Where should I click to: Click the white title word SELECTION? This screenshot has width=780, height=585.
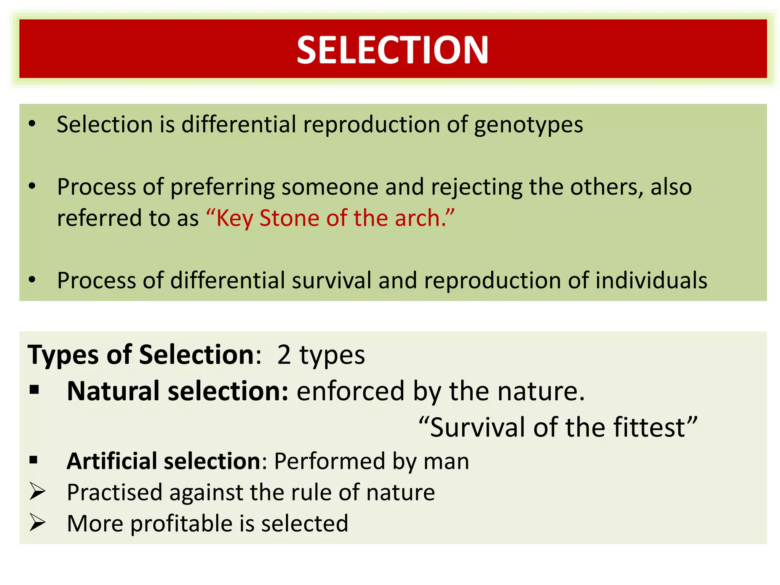(x=392, y=50)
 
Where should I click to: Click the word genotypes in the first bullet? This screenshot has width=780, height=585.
(x=528, y=125)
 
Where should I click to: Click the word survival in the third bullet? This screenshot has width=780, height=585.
(x=331, y=281)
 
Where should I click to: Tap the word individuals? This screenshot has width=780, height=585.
(x=651, y=281)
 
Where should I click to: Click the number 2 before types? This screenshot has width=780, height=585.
(x=284, y=355)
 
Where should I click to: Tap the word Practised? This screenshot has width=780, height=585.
(x=115, y=492)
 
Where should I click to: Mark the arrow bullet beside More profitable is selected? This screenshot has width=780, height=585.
(x=37, y=523)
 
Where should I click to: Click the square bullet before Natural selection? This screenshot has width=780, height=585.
(x=34, y=390)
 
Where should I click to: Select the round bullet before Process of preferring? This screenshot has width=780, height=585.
(x=32, y=186)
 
